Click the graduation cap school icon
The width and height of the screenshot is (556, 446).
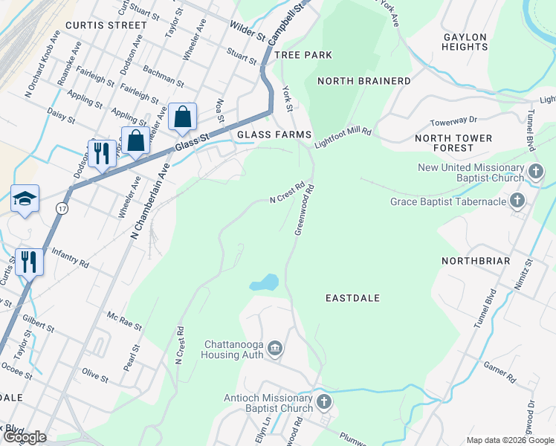point(25,198)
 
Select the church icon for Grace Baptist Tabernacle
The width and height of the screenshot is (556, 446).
point(517,201)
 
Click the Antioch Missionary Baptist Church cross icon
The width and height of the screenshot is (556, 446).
point(323,403)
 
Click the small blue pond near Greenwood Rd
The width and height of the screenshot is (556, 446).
point(265,283)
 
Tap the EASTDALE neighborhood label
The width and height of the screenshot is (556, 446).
point(353,298)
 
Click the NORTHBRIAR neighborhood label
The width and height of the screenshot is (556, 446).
point(476,261)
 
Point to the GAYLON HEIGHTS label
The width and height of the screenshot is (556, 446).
point(465,42)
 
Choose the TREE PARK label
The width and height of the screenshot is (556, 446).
point(303,55)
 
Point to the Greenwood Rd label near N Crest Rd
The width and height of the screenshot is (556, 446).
point(307,210)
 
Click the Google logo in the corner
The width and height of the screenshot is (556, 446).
point(25,436)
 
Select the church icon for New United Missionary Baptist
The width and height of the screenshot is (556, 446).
point(535,172)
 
